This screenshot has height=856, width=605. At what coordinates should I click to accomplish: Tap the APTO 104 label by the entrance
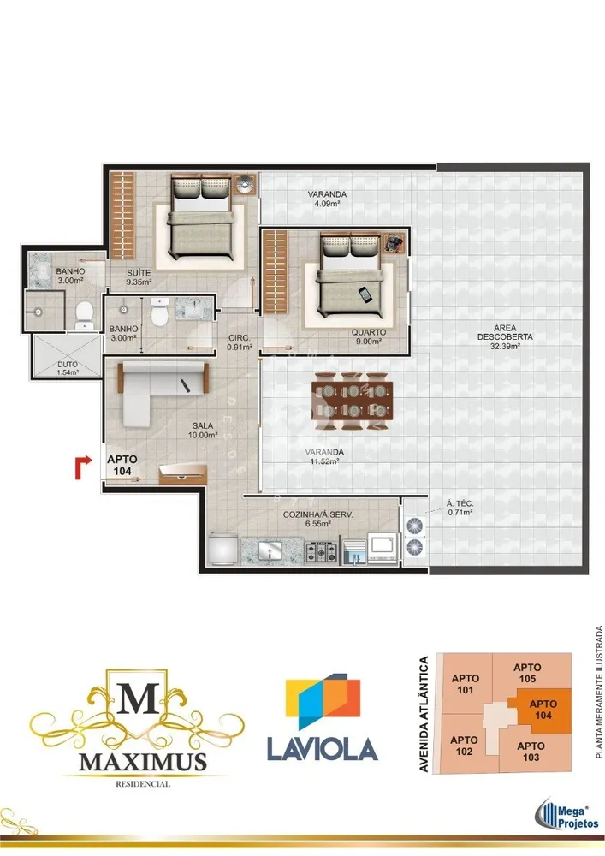pos(122,465)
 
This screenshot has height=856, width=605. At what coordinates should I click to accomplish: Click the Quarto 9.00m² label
pos(369,336)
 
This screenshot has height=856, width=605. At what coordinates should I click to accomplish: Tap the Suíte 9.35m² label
pos(139,277)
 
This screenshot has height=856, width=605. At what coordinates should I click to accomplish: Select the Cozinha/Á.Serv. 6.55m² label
pos(317,520)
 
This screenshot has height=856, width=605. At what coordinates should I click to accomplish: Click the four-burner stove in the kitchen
pos(321,551)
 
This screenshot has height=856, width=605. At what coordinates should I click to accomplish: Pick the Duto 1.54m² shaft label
pos(68,368)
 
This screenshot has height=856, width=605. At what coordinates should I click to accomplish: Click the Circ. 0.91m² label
pos(240,342)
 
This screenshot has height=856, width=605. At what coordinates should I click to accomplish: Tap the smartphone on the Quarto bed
pos(365,294)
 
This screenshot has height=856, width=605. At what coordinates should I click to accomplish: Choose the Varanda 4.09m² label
pos(327,199)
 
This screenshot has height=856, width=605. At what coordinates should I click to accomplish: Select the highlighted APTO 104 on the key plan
pos(543,710)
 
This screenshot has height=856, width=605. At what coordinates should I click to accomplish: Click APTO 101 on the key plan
pos(466,684)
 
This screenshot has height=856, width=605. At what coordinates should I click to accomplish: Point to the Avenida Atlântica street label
pos(424,714)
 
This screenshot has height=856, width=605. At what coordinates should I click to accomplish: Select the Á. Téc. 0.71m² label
pos(460,508)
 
